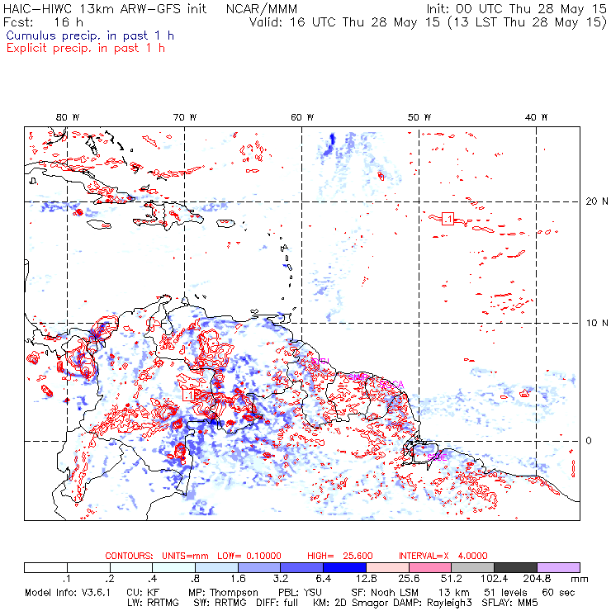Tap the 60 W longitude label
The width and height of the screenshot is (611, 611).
(302, 117)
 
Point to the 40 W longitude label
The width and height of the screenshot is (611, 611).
(537, 117)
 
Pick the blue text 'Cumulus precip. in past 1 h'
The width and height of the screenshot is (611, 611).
(89, 36)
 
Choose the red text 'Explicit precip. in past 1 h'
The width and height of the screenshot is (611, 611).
(85, 48)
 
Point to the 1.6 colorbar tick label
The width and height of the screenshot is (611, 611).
(238, 580)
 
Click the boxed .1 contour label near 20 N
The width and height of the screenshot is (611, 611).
(448, 218)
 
